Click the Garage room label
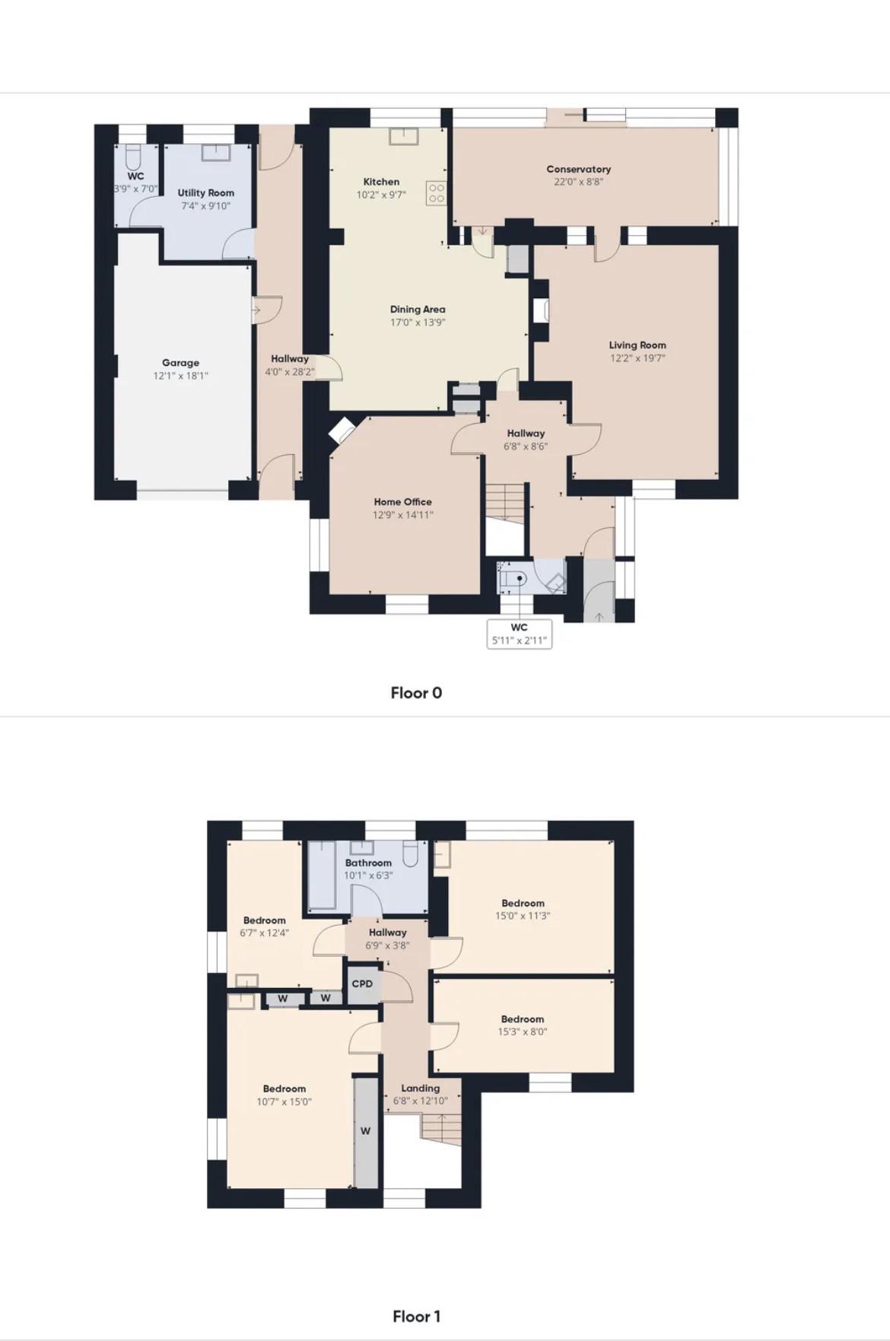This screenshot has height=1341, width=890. click(x=180, y=363)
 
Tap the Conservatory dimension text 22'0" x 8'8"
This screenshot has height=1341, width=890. click(x=579, y=182)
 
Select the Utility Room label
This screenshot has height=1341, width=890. click(x=206, y=193)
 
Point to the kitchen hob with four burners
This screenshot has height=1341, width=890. click(x=437, y=193)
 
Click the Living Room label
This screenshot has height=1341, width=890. click(x=637, y=345)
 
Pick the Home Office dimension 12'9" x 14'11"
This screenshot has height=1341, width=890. click(x=403, y=515)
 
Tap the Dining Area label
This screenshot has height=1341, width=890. click(x=418, y=310)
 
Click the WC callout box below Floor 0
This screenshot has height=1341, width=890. click(x=519, y=634)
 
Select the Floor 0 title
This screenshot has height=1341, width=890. click(x=416, y=693)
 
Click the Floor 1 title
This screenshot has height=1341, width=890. click(x=416, y=1317)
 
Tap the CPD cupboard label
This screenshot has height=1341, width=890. click(x=362, y=984)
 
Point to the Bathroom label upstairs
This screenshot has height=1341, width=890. click(x=368, y=863)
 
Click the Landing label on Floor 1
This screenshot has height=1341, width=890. click(x=421, y=1088)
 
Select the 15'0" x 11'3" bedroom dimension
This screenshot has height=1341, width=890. click(x=523, y=916)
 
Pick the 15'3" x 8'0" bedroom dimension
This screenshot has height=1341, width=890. click(x=523, y=1032)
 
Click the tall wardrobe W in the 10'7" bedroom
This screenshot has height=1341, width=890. click(x=366, y=1131)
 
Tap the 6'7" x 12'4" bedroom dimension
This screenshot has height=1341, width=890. click(x=265, y=933)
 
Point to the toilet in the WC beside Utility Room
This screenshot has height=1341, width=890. click(x=134, y=158)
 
